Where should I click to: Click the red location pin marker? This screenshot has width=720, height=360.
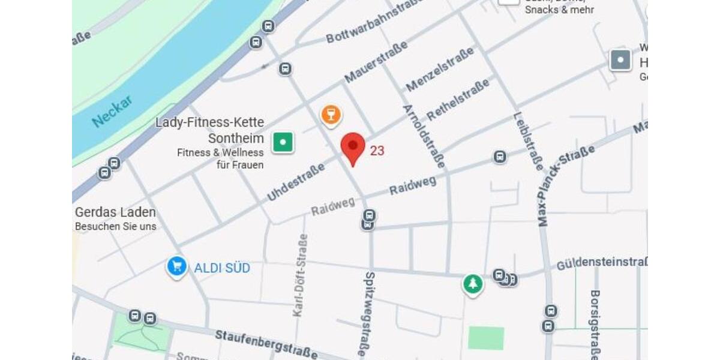[x=353, y=147]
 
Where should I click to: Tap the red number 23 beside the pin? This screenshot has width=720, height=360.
[x=377, y=151]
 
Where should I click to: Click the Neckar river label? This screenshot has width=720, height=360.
[x=112, y=112]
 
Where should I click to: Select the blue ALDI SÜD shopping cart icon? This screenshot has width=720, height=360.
[x=176, y=267]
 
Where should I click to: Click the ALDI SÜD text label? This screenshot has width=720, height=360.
[x=222, y=268]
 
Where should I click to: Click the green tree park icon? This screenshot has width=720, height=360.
[x=473, y=284]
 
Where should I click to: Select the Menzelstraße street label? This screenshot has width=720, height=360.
[x=439, y=70]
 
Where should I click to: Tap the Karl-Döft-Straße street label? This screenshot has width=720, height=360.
[x=300, y=274]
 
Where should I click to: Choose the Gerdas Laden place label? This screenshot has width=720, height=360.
[x=115, y=212]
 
